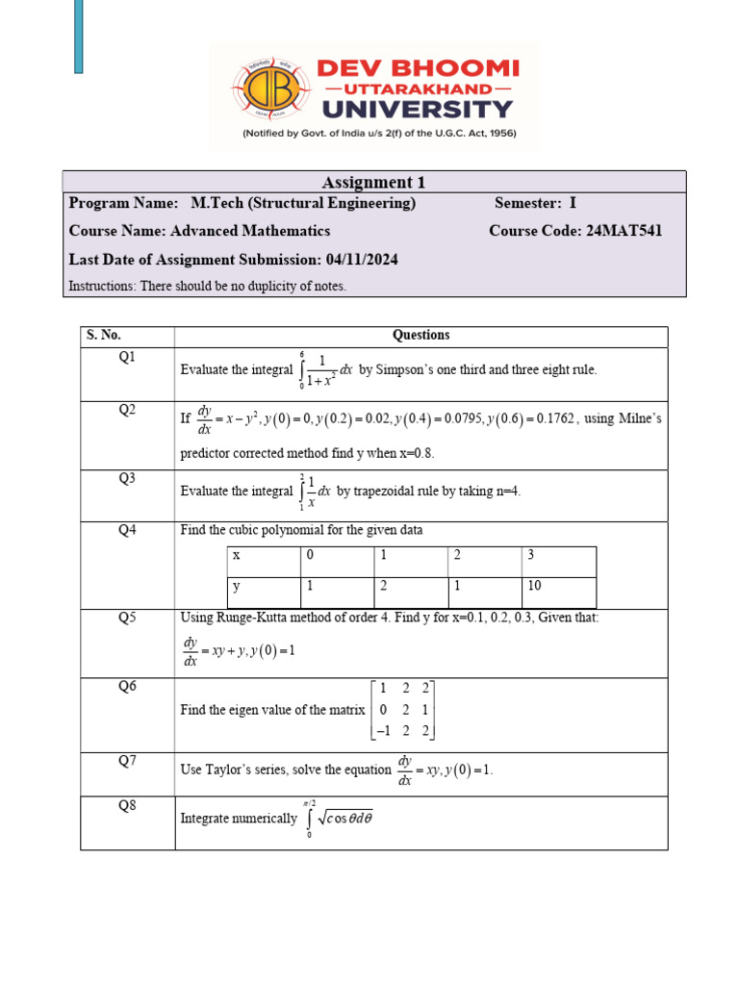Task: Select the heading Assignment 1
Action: point(373,182)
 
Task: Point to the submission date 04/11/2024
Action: point(362,260)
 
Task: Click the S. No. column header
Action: point(104,336)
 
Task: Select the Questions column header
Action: point(420,336)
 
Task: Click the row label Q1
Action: point(127,357)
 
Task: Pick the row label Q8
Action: point(127,806)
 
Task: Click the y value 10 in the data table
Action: point(535,587)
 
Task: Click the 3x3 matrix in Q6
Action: point(403,710)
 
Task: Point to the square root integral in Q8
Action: point(337,819)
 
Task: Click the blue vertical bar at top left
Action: point(79,36)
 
